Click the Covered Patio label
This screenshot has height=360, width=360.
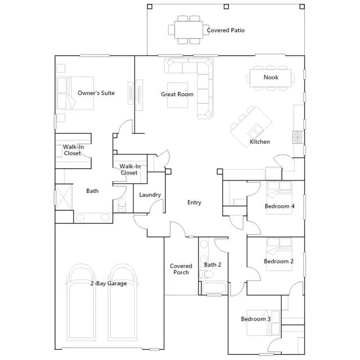tap(226, 30)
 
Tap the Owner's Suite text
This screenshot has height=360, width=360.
tap(96, 93)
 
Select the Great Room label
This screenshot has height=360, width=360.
tap(177, 94)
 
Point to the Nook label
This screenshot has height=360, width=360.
tap(271, 78)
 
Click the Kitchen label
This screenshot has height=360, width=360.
tap(260, 142)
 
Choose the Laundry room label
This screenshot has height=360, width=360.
tap(150, 195)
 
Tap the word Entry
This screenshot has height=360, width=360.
tap(194, 202)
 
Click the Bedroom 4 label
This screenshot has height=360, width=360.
tap(280, 206)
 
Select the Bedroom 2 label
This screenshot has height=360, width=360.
tap(279, 262)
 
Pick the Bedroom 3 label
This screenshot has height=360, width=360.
tap(256, 319)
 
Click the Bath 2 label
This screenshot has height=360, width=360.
tap(213, 265)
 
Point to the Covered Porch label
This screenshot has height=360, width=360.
tap(181, 269)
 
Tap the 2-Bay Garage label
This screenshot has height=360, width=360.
tap(109, 283)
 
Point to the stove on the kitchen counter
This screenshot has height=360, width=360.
tap(297, 136)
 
